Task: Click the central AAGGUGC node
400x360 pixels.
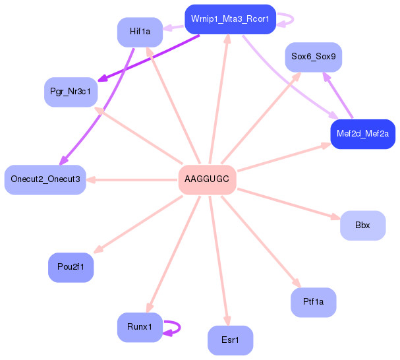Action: tap(207, 180)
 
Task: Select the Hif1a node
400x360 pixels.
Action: tap(140, 32)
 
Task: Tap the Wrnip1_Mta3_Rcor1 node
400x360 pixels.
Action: tap(230, 19)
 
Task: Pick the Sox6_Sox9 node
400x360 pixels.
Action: tap(313, 57)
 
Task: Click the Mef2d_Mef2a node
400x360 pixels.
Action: tap(362, 134)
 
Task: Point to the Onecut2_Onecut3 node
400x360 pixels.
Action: tap(45, 180)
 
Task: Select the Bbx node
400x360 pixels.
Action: tap(362, 225)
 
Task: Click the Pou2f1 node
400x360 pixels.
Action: tap(71, 267)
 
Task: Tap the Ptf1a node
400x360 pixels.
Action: tap(313, 302)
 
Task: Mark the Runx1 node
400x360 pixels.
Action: tap(140, 327)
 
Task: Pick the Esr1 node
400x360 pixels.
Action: tap(230, 340)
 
